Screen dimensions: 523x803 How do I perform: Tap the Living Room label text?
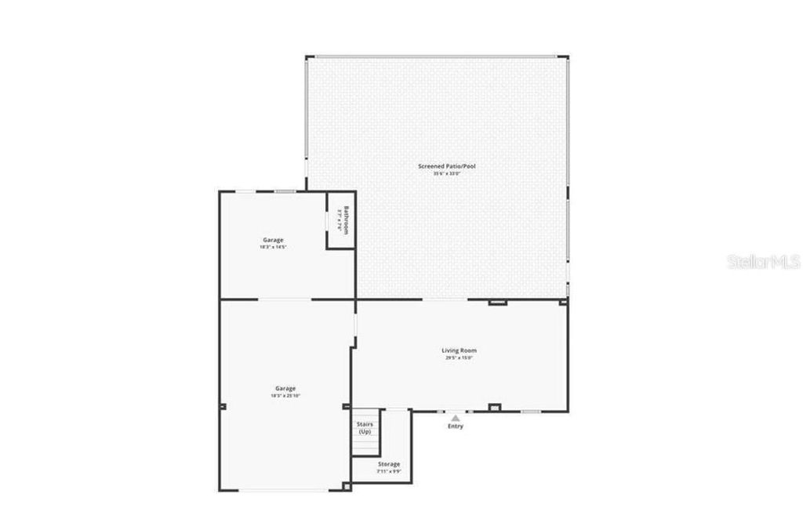pos(459,350)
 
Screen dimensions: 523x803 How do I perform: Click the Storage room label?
pos(389,464)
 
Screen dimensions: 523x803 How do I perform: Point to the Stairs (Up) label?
pos(365,428)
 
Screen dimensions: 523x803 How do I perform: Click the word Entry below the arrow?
pos(456,427)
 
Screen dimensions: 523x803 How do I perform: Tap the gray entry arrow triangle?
pos(456,418)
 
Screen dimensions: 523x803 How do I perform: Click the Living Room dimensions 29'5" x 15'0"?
pos(459,358)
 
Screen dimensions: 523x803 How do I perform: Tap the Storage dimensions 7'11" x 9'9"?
pos(389,471)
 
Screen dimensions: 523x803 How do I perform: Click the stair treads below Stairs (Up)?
pos(365,445)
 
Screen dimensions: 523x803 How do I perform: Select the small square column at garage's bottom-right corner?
pos(347,486)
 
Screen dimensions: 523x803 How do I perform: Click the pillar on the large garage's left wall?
pos(223,406)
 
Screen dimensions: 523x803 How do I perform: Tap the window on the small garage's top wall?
pos(285,191)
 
